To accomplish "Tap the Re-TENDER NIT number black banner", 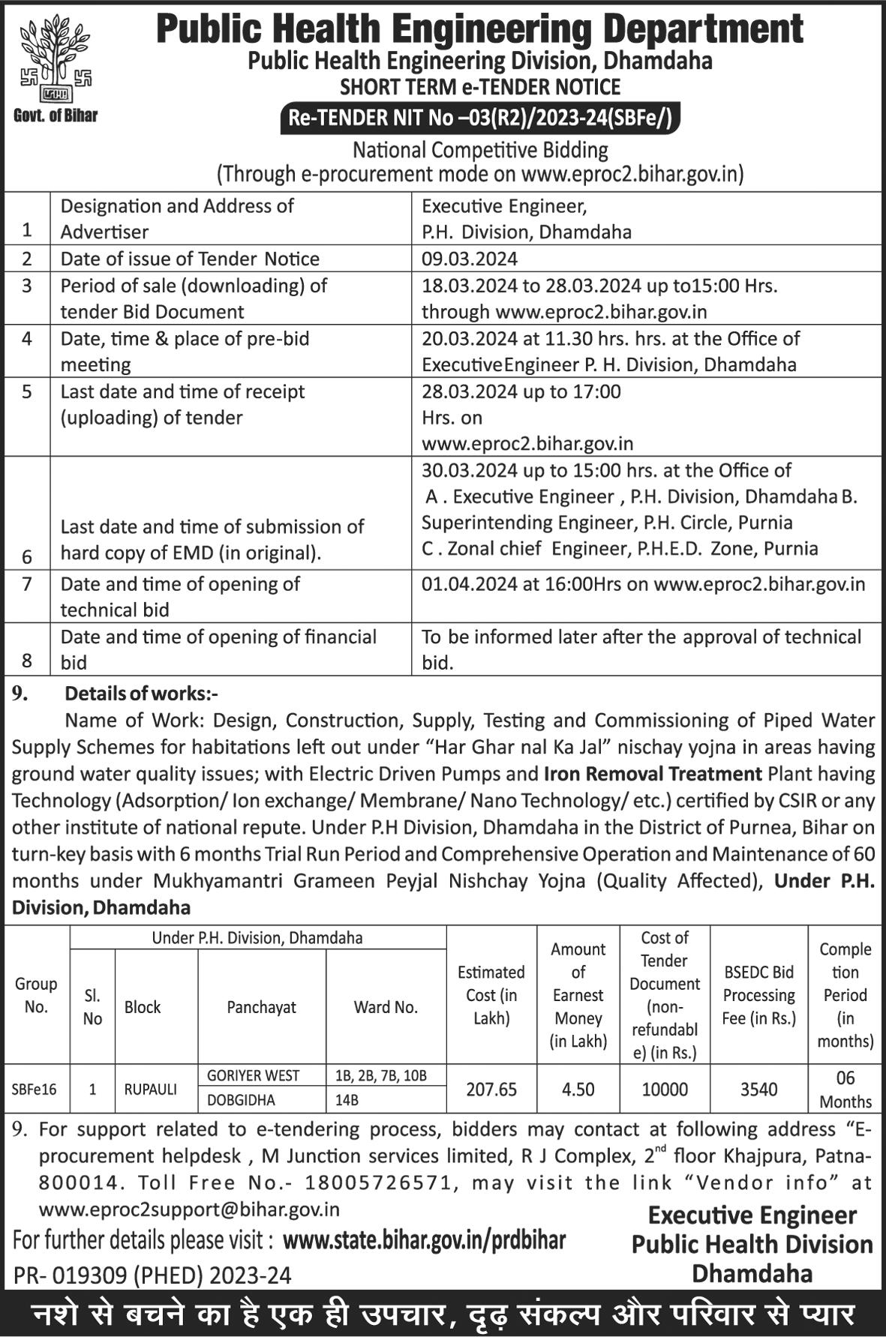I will click(480, 118).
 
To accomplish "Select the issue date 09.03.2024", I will click(470, 259).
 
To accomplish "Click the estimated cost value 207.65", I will click(491, 1089).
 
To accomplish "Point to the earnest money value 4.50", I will click(578, 1089).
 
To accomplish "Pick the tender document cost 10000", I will click(665, 1089).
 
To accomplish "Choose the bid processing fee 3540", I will click(758, 1089).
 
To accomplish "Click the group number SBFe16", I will click(35, 1089).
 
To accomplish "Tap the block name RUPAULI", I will click(151, 1089).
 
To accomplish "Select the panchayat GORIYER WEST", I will click(254, 1075).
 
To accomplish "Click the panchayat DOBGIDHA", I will click(242, 1100).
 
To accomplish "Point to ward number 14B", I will click(347, 1100).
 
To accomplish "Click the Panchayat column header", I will click(261, 1007).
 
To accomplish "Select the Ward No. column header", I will click(386, 1007).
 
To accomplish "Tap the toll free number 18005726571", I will click(378, 1183).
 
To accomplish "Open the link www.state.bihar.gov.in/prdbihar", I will click(424, 1240).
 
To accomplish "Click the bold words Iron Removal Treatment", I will click(653, 773).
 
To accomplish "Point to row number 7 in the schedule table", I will click(27, 583).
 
